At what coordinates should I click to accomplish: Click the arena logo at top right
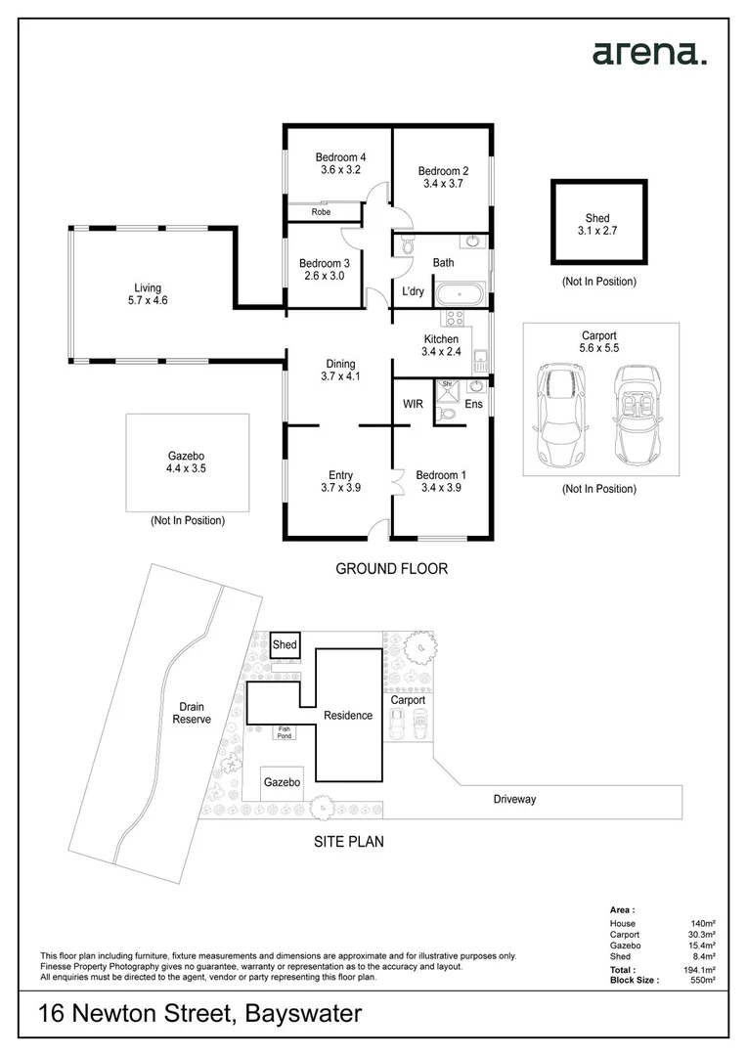[648, 53]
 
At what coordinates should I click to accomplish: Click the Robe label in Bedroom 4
[321, 211]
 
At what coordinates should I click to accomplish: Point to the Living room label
[148, 287]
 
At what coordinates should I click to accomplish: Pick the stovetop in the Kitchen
[453, 317]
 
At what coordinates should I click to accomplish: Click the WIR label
[413, 404]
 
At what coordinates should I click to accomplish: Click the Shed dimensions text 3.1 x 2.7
[597, 232]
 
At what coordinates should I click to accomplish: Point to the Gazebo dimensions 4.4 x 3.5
[186, 469]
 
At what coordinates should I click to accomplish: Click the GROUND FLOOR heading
[391, 568]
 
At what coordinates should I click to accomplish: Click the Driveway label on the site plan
[514, 799]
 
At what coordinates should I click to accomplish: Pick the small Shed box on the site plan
[285, 644]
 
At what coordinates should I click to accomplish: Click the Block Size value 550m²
[703, 979]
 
